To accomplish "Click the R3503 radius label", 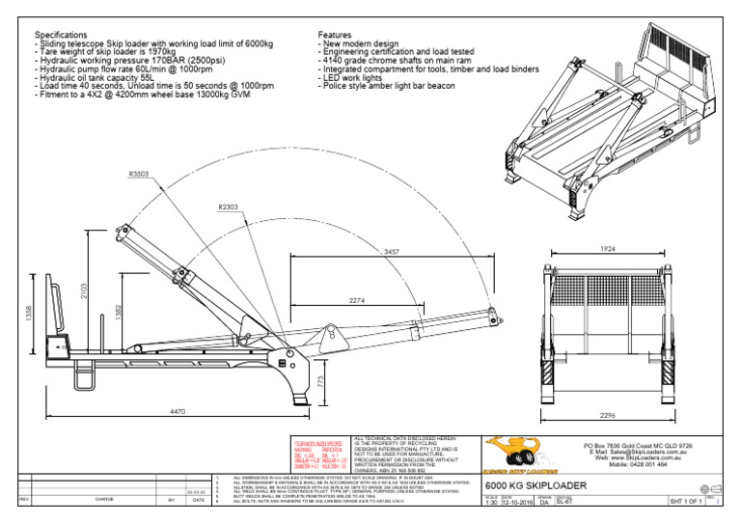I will pyautogui.click(x=140, y=175).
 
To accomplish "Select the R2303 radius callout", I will pyautogui.click(x=230, y=207).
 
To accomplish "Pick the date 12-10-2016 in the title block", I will pyautogui.click(x=518, y=502).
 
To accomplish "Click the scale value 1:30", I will pyautogui.click(x=490, y=502).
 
